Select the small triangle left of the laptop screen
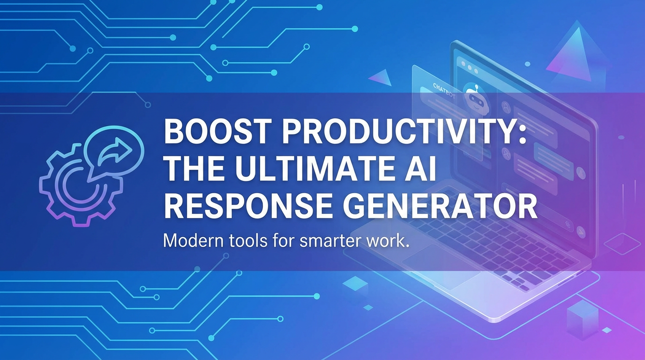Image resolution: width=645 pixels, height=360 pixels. coord(380,77)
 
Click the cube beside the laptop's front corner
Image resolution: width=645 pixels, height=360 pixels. coord(582,319)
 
